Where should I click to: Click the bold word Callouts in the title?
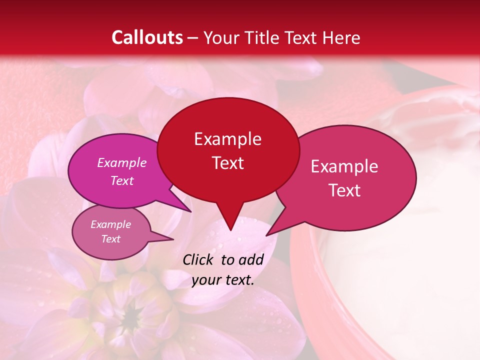147,37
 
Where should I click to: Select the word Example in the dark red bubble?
227,139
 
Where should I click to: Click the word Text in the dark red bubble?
227,162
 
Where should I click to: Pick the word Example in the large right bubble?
344,166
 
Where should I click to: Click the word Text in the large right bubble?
344,190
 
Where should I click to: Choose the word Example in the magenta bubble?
122,162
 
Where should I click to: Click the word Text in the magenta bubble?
122,180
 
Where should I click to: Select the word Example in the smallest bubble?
110,224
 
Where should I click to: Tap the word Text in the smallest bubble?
110,239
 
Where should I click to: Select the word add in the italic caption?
251,259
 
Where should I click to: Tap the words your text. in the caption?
223,280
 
